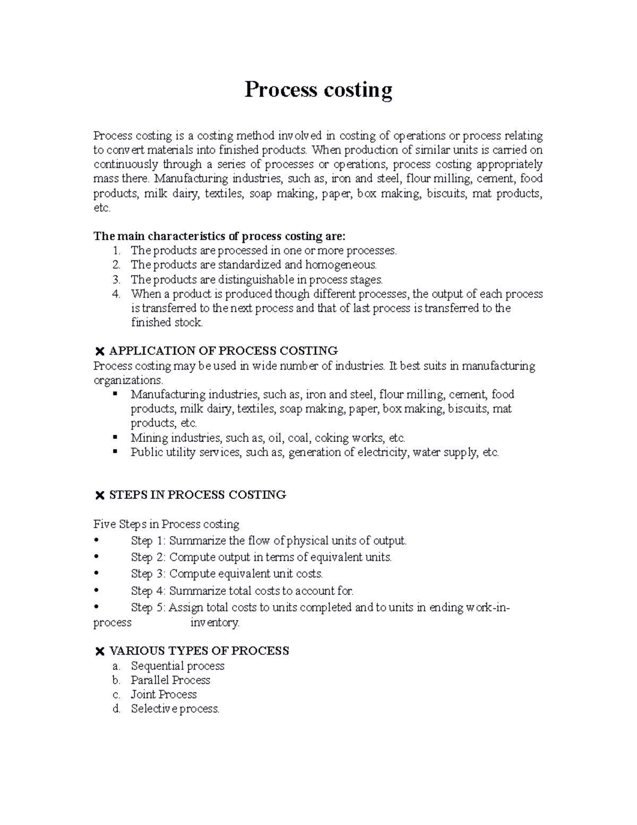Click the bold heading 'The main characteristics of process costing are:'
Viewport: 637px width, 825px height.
click(219, 236)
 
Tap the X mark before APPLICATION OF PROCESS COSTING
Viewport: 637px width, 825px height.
click(99, 351)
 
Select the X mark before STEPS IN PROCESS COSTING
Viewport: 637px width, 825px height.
click(99, 496)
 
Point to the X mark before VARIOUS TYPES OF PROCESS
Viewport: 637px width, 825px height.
click(99, 651)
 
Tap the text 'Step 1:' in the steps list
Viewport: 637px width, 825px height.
click(149, 541)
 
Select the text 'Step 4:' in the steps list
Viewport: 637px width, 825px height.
click(149, 590)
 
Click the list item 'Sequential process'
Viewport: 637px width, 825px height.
click(177, 666)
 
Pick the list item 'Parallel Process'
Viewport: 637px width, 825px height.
click(170, 680)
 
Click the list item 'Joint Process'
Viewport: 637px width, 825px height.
click(163, 694)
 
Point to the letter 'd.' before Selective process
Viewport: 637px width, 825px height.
click(117, 709)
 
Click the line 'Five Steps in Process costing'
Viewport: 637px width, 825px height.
click(166, 524)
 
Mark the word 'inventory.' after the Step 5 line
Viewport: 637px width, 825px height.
click(215, 623)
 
